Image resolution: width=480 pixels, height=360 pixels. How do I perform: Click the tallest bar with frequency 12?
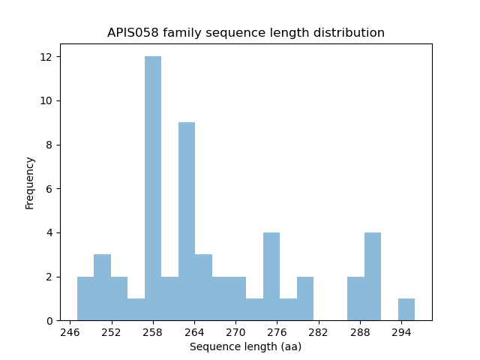coord(153,188)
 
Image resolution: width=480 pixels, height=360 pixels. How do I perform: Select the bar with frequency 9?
coord(187,221)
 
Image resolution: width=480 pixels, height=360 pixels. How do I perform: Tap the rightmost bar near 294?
coord(406,310)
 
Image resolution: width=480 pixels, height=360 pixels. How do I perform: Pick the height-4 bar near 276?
coord(271,277)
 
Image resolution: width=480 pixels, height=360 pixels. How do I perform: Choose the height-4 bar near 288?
coord(373,277)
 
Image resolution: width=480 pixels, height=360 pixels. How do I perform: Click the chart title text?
coord(246,33)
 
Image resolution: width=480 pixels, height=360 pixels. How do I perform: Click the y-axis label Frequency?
coord(30,182)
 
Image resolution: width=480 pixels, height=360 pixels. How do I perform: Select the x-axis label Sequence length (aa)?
coord(245,346)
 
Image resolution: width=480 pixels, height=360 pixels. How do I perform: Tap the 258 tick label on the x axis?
coord(153,332)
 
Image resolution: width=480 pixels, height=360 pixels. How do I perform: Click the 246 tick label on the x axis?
coord(70,332)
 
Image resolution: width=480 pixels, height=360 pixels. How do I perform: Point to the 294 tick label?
coord(400,332)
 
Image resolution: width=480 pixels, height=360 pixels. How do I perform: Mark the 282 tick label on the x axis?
coord(318,332)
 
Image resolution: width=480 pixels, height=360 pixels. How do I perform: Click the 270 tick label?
coord(235,332)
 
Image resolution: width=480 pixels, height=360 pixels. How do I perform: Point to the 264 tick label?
coord(194,332)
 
